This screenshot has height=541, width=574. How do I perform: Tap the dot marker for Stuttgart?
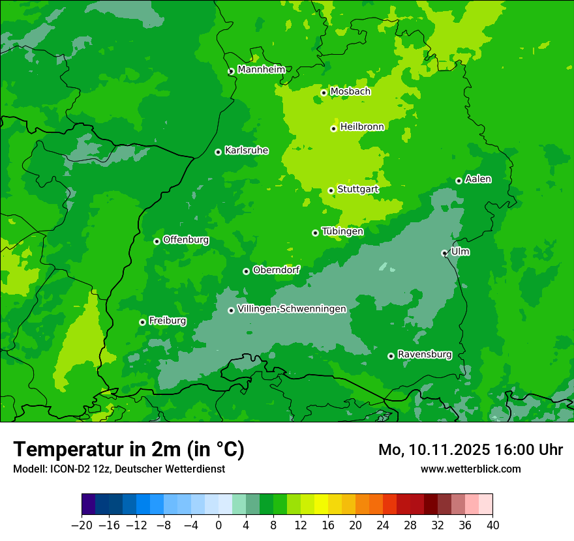point(331,190)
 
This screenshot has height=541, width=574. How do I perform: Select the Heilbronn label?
point(362,127)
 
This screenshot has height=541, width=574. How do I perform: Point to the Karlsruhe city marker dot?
point(218,152)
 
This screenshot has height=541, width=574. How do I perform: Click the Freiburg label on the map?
point(167,321)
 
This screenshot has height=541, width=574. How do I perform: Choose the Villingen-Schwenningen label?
point(292,309)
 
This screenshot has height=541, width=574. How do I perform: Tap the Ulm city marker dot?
point(444,253)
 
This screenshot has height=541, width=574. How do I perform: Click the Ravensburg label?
point(424,355)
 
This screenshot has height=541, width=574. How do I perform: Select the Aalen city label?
point(478,179)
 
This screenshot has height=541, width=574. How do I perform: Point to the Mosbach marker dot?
point(324,93)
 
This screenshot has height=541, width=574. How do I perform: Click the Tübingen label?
point(342,231)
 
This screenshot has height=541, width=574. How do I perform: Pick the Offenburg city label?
point(186,240)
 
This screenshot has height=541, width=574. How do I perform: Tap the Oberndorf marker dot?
point(246,271)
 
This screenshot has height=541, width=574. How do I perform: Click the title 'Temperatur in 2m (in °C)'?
point(128,449)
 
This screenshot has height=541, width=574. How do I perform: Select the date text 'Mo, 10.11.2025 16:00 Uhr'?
point(470,450)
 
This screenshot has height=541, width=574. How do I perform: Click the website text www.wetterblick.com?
point(470,469)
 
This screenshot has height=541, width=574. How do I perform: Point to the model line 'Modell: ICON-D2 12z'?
point(119,469)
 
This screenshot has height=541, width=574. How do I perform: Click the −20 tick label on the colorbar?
point(82,525)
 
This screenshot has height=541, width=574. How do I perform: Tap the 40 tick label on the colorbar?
point(492,525)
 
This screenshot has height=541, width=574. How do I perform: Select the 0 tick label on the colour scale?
point(219,525)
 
